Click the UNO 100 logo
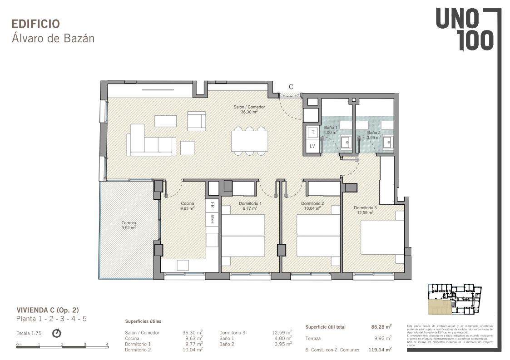coord(464,30)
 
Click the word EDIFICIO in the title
coord(35,24)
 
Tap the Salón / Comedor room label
coord(249,109)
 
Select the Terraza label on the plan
coord(129,225)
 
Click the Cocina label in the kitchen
coord(188,206)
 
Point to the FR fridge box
coord(212,205)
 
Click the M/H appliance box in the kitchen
coord(212,219)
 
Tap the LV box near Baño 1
coord(312,146)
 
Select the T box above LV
coord(312,132)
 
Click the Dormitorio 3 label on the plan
coord(366,210)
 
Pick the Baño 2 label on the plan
coord(374,135)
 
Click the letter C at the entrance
coord(291,87)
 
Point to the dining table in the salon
coord(249,141)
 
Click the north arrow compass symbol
coord(57,333)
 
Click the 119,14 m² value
coord(380,350)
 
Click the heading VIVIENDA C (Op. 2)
coord(48,310)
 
